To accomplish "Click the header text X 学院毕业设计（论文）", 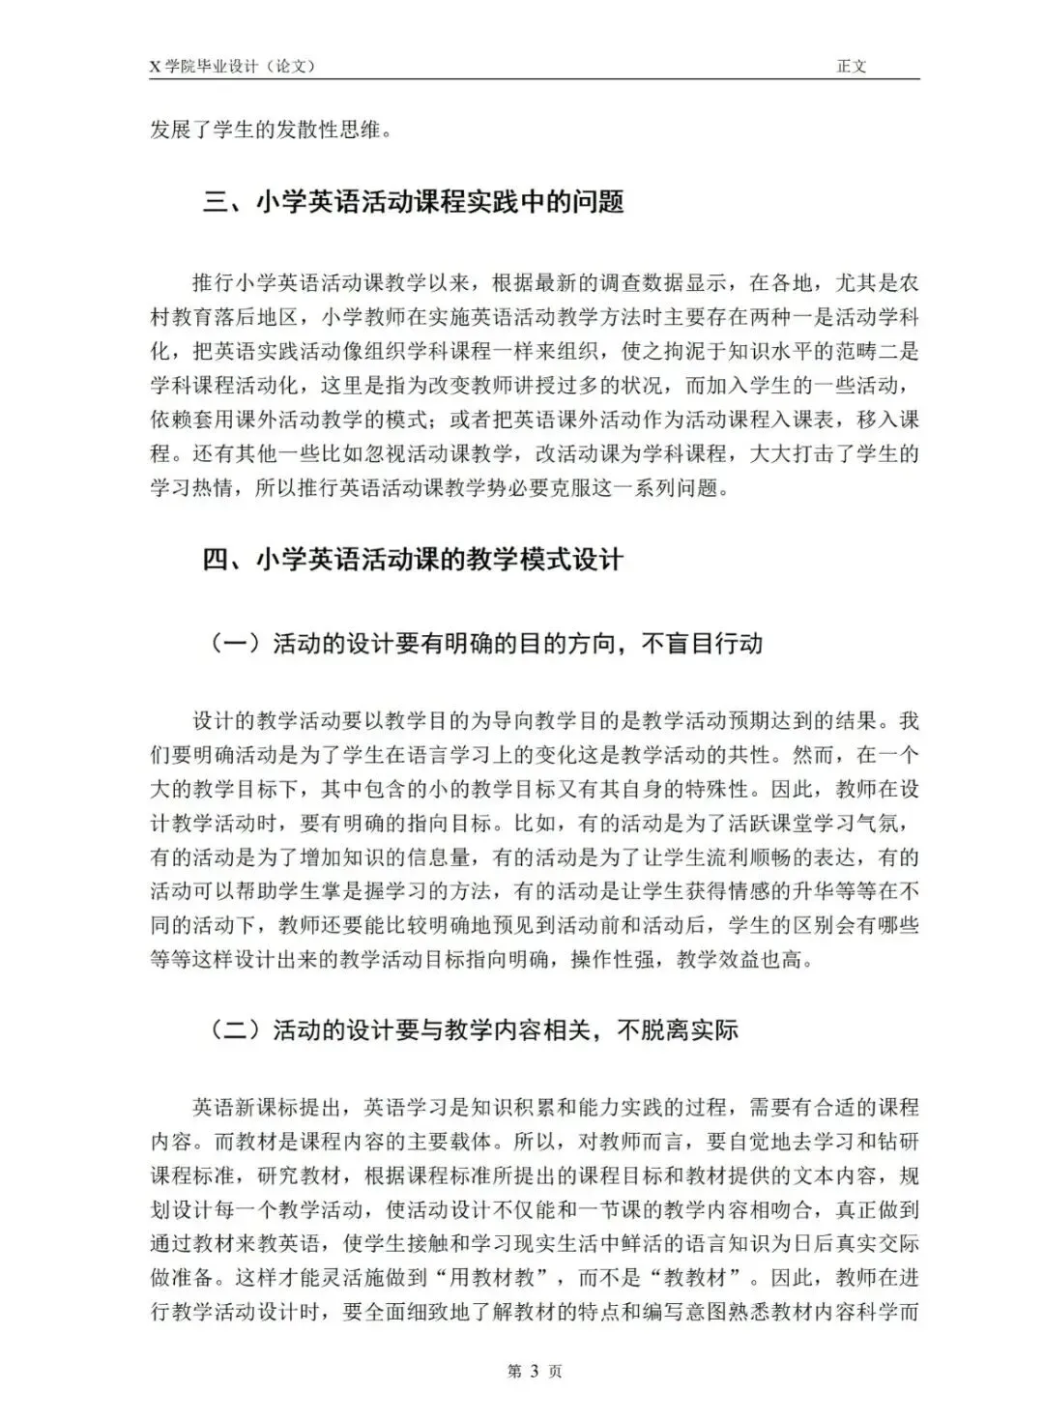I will click(x=233, y=67).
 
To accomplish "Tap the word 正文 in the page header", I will click(x=852, y=67).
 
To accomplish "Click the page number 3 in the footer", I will click(x=535, y=1372).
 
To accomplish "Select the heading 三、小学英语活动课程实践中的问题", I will click(x=413, y=202).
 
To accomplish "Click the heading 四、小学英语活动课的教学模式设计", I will click(x=413, y=560).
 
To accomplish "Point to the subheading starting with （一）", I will click(x=485, y=644).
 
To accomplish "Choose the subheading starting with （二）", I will click(x=473, y=1029).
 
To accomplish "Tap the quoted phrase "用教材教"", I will click(x=491, y=1277).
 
